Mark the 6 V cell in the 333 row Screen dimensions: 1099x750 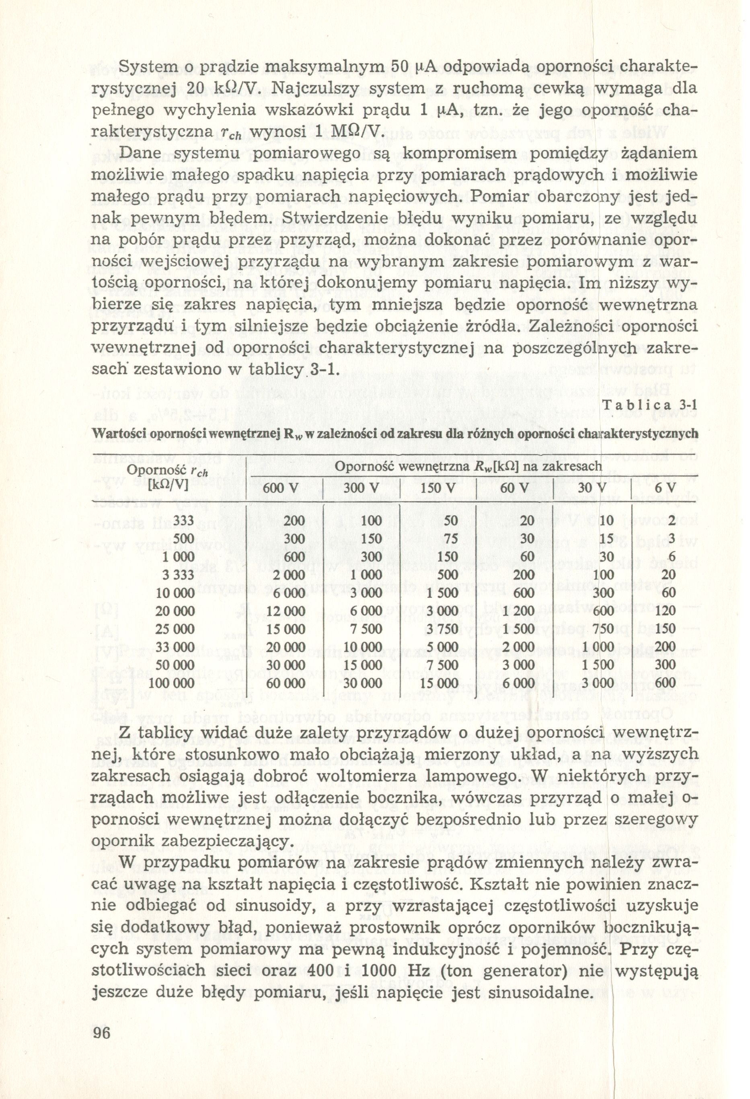[x=672, y=521]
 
